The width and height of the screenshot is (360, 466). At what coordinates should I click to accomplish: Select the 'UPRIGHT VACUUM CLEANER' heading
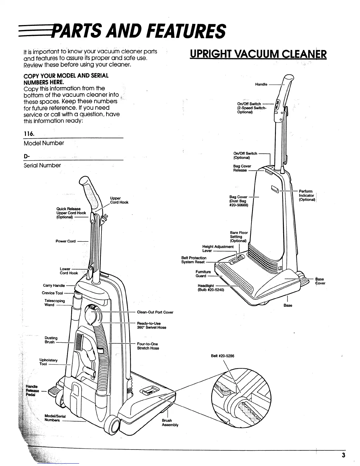(258, 54)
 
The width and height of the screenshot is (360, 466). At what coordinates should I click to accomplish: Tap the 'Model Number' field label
(44, 143)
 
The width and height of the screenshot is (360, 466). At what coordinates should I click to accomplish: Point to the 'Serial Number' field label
(42, 165)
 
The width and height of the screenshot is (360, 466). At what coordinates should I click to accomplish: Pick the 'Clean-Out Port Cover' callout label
(155, 312)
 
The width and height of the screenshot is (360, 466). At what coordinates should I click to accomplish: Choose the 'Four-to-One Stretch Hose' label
(148, 346)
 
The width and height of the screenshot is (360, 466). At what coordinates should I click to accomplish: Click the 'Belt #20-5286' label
(222, 356)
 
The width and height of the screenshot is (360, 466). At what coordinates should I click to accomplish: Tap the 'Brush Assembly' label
(170, 422)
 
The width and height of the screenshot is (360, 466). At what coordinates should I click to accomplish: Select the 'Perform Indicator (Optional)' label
(307, 195)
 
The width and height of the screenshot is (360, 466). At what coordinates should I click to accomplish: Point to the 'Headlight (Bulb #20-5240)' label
(211, 288)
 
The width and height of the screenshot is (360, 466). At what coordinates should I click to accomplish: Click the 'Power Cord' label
(66, 241)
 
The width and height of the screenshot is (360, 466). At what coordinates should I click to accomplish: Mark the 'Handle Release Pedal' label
(32, 390)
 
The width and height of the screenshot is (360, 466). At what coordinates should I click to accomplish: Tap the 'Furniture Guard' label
(203, 274)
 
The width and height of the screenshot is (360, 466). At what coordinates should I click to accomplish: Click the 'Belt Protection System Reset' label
(194, 260)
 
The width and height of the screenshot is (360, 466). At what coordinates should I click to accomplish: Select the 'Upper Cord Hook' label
(119, 200)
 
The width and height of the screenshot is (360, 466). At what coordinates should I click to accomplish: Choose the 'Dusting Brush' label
(51, 340)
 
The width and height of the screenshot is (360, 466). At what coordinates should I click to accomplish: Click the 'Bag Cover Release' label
(242, 168)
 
